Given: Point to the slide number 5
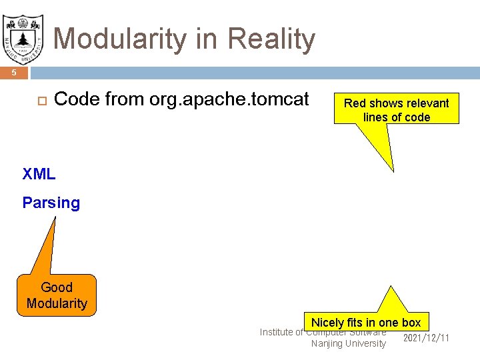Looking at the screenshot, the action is [13, 73].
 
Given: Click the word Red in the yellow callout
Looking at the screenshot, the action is [355, 103].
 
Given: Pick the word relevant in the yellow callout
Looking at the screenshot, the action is [427, 103].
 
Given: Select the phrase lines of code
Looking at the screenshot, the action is [397, 117].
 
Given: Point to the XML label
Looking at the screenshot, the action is [39, 175].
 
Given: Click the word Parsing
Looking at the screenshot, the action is [51, 203].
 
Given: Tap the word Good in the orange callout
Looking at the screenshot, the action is [57, 287].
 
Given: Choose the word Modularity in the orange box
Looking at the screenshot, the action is [57, 303].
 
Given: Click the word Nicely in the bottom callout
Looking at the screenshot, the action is [327, 323].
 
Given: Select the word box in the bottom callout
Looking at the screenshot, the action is [411, 323].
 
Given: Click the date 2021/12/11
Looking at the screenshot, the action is [427, 338].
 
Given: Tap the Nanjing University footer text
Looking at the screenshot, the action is [348, 343].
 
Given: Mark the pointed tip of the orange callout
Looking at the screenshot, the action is [56, 219].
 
